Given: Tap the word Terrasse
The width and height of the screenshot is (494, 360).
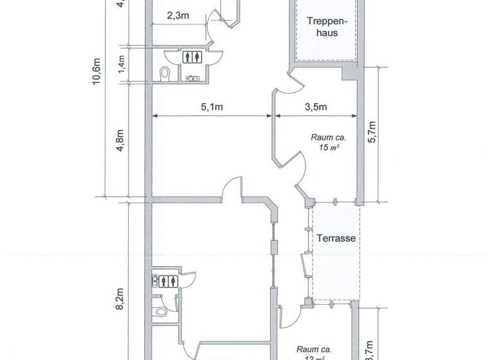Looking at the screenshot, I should click(x=336, y=238).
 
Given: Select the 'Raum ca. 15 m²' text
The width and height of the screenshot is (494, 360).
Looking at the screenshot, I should click(x=329, y=142).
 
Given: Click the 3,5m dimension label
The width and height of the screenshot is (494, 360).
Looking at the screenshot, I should click(x=316, y=107).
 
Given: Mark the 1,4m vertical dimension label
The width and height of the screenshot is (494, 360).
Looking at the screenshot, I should click(x=121, y=64).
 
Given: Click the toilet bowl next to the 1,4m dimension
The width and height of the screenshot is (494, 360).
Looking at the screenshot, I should click(x=164, y=73).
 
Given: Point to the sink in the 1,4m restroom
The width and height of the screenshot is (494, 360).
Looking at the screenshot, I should click(x=192, y=78).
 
